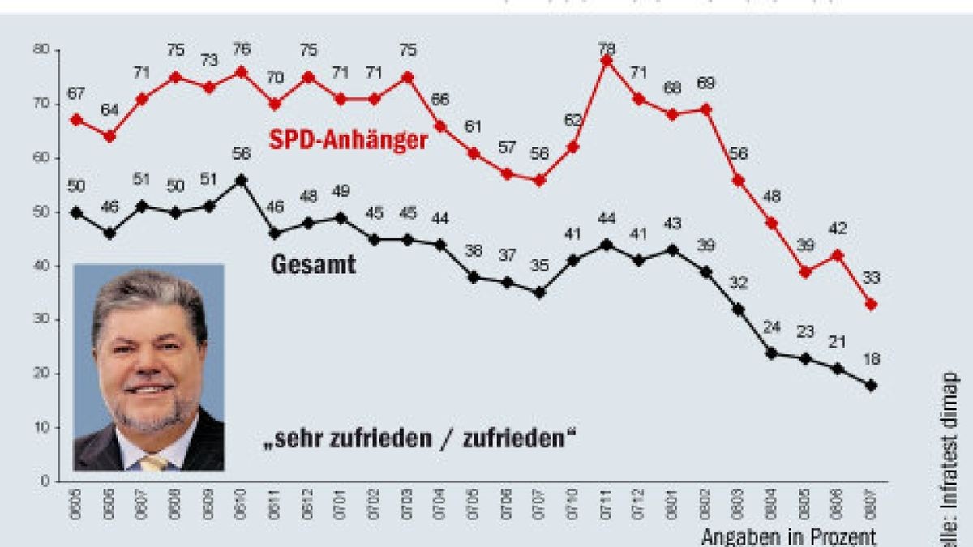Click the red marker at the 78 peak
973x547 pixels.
[x=606, y=61]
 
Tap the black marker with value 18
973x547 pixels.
[x=872, y=386]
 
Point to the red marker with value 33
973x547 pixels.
[x=872, y=305]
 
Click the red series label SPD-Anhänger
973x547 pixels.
[x=348, y=140]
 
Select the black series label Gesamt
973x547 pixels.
[x=313, y=265]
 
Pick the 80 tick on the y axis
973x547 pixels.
[x=41, y=50]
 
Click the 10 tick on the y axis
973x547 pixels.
[x=41, y=427]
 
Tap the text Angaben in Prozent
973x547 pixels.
[x=788, y=536]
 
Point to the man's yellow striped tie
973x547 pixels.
[x=154, y=462]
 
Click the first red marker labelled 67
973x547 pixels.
[x=76, y=119]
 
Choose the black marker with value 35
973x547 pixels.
[x=539, y=293]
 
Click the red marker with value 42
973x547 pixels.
[x=838, y=254]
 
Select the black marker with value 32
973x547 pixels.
[x=739, y=309]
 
